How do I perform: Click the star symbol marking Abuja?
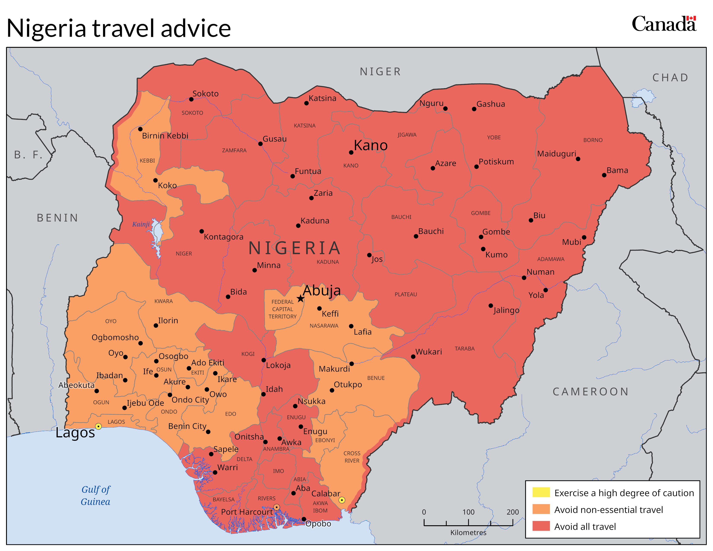(x=300, y=299)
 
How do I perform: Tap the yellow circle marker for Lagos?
(x=98, y=426)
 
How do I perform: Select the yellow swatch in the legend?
(x=541, y=492)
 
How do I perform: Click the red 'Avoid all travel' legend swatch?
(x=541, y=526)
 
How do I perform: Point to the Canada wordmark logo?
(x=664, y=24)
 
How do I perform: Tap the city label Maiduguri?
(x=557, y=154)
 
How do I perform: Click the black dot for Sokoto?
(x=191, y=99)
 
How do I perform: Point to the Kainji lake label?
(x=141, y=224)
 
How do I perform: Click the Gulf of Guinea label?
(x=96, y=495)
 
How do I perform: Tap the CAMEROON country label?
(x=590, y=392)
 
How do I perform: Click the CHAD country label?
(x=670, y=78)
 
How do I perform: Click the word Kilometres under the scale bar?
(x=468, y=533)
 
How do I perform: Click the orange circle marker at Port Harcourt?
(x=277, y=507)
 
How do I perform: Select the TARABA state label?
(x=465, y=349)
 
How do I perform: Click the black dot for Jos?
(x=369, y=255)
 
